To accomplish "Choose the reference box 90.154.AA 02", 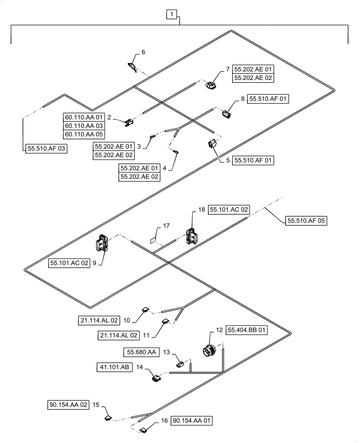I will point(69,404).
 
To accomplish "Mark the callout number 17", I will point(166,226).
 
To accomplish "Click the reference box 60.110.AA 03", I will point(83,125).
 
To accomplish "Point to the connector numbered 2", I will point(129,122).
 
